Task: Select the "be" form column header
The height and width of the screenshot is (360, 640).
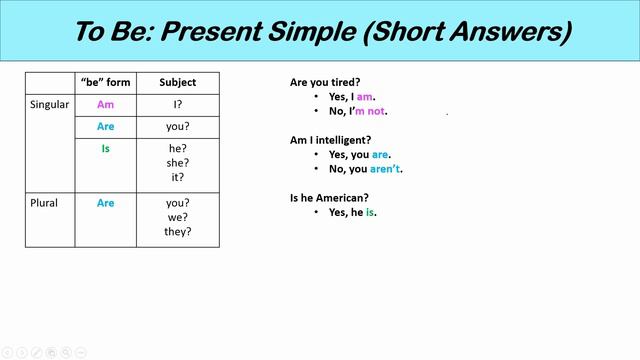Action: pyautogui.click(x=104, y=82)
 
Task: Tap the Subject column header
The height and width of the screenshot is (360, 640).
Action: pyautogui.click(x=177, y=82)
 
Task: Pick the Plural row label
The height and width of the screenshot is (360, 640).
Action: pyautogui.click(x=45, y=203)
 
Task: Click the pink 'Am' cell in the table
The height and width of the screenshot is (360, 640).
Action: pyautogui.click(x=104, y=104)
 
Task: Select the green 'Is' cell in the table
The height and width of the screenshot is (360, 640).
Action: pyautogui.click(x=104, y=148)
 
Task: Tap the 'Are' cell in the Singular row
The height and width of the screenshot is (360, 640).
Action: pyautogui.click(x=104, y=127)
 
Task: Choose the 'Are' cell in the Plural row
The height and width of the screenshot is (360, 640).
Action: pyautogui.click(x=104, y=203)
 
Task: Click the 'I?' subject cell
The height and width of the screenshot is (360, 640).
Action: pyautogui.click(x=177, y=104)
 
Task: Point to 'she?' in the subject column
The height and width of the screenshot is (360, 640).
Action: pyautogui.click(x=177, y=163)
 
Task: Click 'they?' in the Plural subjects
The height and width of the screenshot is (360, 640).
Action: pyautogui.click(x=177, y=232)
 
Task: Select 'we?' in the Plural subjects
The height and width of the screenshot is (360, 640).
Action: pyautogui.click(x=177, y=217)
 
